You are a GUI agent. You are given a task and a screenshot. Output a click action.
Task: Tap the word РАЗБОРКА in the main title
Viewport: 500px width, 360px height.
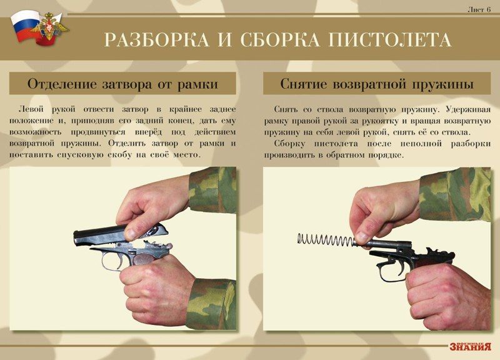coord(156,40)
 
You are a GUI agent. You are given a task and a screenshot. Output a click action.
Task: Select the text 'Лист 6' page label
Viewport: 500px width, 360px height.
coord(479,10)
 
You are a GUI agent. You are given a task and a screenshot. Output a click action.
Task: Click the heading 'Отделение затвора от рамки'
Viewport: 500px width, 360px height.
coord(122,84)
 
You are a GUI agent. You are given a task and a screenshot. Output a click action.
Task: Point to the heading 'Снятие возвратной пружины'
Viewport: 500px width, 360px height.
coord(377,84)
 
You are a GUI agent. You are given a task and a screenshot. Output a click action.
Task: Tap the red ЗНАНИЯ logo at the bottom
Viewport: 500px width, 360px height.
coord(470,347)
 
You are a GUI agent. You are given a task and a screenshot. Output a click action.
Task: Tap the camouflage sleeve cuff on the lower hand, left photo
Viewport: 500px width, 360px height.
coord(211,304)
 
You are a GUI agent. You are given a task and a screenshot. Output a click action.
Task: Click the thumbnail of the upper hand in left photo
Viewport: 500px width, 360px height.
coord(131,234)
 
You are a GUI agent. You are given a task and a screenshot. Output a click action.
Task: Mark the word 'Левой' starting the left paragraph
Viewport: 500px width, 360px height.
coord(31,109)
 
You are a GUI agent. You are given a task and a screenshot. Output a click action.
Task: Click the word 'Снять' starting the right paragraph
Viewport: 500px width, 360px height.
coord(286,109)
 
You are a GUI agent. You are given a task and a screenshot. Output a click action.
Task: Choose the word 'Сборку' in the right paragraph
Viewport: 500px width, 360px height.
coord(289,144)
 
